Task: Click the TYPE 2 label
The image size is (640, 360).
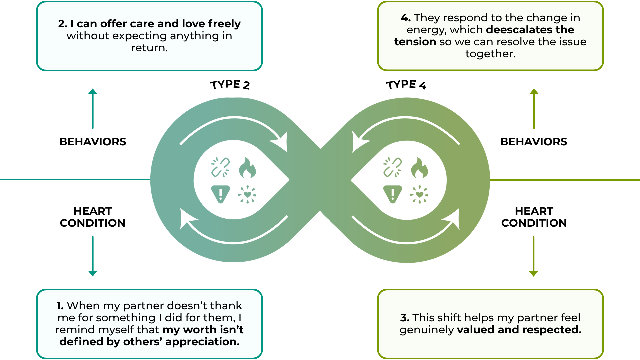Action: [230, 85]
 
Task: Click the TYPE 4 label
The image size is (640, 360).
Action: [406, 85]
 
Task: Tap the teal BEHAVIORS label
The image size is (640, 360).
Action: [93, 142]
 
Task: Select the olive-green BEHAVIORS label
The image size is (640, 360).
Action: [534, 142]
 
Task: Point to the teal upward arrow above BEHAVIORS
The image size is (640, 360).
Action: [93, 108]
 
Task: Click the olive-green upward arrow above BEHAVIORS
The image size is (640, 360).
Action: [534, 108]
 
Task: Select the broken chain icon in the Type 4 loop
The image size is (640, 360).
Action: [392, 167]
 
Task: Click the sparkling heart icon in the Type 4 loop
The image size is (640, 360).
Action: [419, 194]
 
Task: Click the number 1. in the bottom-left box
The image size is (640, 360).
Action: [60, 306]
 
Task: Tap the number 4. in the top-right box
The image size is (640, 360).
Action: [405, 18]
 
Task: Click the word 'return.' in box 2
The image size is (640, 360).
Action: [149, 48]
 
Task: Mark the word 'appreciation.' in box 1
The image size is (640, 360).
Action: [202, 342]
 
